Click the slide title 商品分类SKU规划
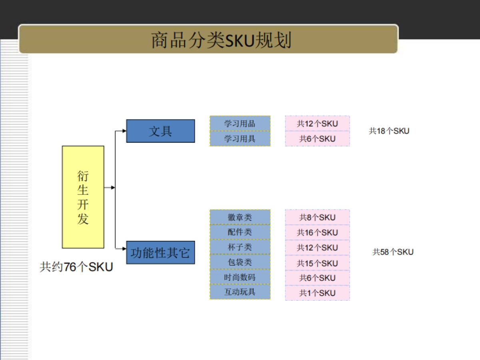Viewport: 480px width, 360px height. [x=221, y=40]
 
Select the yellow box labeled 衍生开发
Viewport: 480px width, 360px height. [x=83, y=197]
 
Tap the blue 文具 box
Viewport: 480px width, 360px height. [x=160, y=131]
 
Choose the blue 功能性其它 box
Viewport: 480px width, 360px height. [x=160, y=252]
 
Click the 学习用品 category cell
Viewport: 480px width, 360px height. [x=240, y=124]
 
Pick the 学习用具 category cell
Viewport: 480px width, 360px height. [x=240, y=139]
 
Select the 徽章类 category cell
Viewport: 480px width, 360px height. [x=240, y=217]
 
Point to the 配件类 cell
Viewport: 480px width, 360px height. [x=240, y=232]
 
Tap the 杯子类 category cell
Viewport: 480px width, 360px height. [x=240, y=247]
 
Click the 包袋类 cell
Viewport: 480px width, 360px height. [x=240, y=262]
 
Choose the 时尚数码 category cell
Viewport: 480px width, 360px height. [x=240, y=277]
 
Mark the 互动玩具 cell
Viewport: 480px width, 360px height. [x=240, y=292]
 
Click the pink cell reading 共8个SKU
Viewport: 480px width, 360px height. [x=317, y=218]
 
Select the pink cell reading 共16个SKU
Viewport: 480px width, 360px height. [x=317, y=232]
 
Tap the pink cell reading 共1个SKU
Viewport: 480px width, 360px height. [x=317, y=293]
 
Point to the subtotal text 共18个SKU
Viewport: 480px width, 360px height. [x=389, y=131]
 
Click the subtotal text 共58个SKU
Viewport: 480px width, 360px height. [x=393, y=252]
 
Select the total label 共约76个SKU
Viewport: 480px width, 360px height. [x=76, y=267]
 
